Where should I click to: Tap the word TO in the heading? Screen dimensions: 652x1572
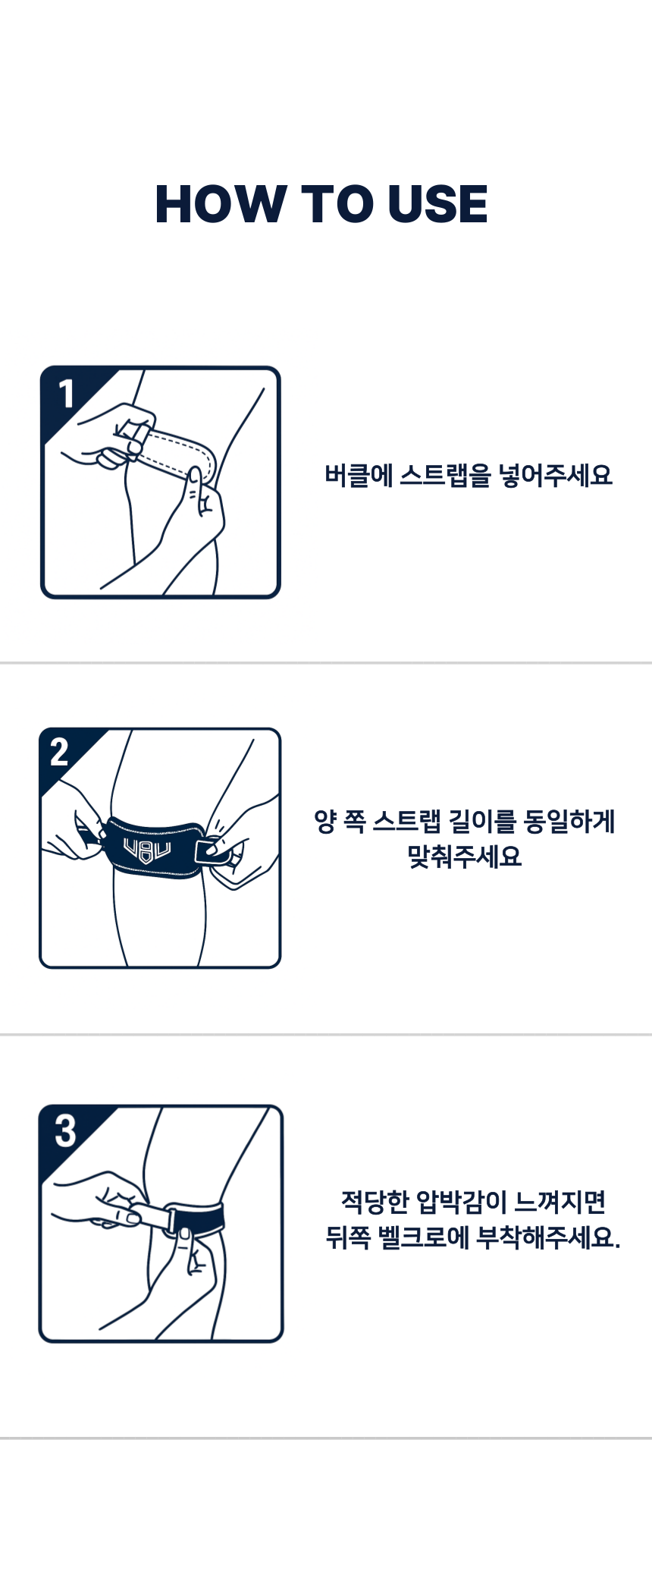pos(337,204)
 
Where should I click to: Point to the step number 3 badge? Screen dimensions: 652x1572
pos(65,1130)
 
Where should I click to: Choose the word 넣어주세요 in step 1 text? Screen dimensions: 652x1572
pos(555,476)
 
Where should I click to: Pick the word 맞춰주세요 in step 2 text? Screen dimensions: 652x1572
pos(465,857)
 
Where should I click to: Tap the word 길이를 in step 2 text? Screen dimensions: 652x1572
pos(482,822)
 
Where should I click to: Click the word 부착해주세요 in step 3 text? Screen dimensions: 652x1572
pos(545,1238)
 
